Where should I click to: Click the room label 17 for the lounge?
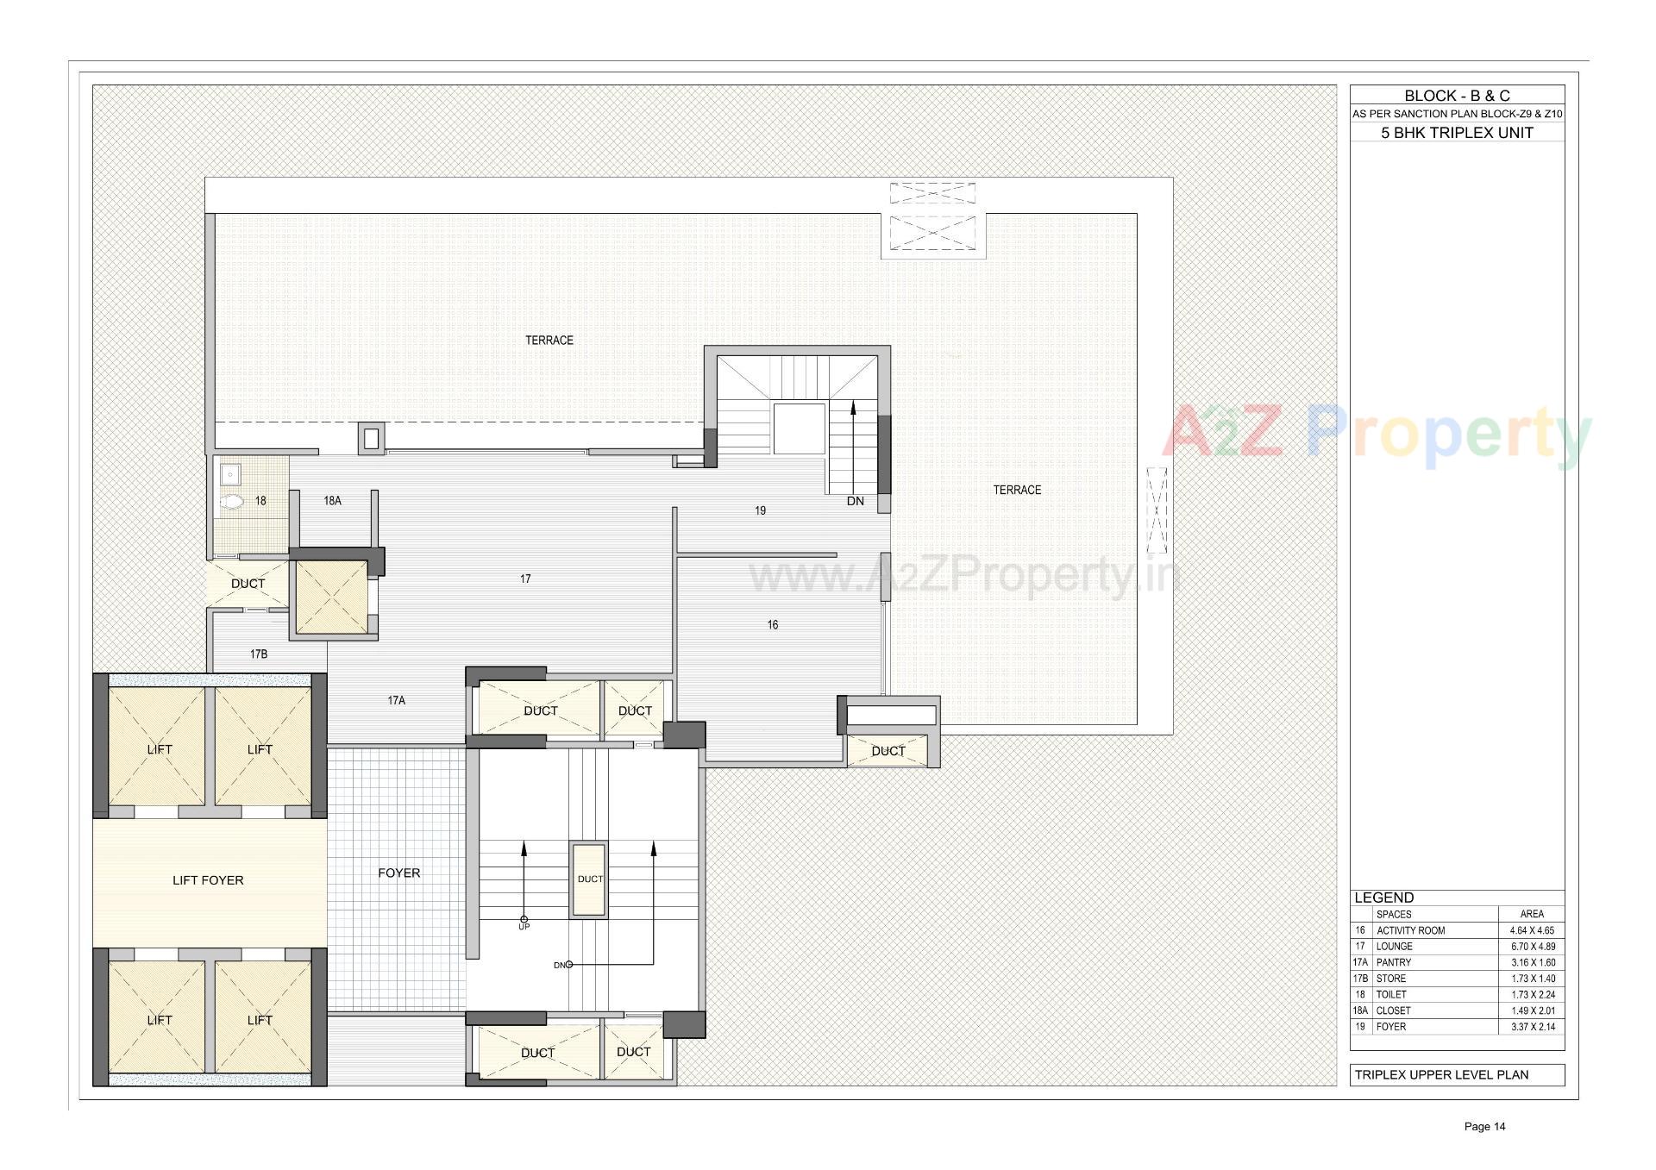tap(525, 579)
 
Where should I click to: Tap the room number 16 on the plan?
tap(773, 625)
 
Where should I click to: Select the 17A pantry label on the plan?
tap(396, 701)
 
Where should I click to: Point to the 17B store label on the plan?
tap(259, 654)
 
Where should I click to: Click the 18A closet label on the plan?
tap(332, 500)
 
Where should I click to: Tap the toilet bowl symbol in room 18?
tap(232, 502)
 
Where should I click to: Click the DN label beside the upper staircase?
tap(855, 501)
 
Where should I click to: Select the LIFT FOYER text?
tap(208, 880)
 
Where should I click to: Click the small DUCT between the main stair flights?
tap(590, 879)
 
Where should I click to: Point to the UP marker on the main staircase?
tap(524, 926)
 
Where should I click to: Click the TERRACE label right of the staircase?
tap(1017, 490)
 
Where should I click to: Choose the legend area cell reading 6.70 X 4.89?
tap(1532, 947)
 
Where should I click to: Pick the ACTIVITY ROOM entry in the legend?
tap(1410, 930)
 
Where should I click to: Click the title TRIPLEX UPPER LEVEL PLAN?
tap(1441, 1075)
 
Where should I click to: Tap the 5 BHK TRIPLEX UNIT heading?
tap(1457, 133)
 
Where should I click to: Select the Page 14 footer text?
tap(1484, 1126)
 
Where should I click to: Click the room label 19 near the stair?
tap(760, 510)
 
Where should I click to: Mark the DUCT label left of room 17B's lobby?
tap(248, 584)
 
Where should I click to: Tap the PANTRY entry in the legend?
tap(1394, 962)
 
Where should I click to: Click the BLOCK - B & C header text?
tap(1457, 96)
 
